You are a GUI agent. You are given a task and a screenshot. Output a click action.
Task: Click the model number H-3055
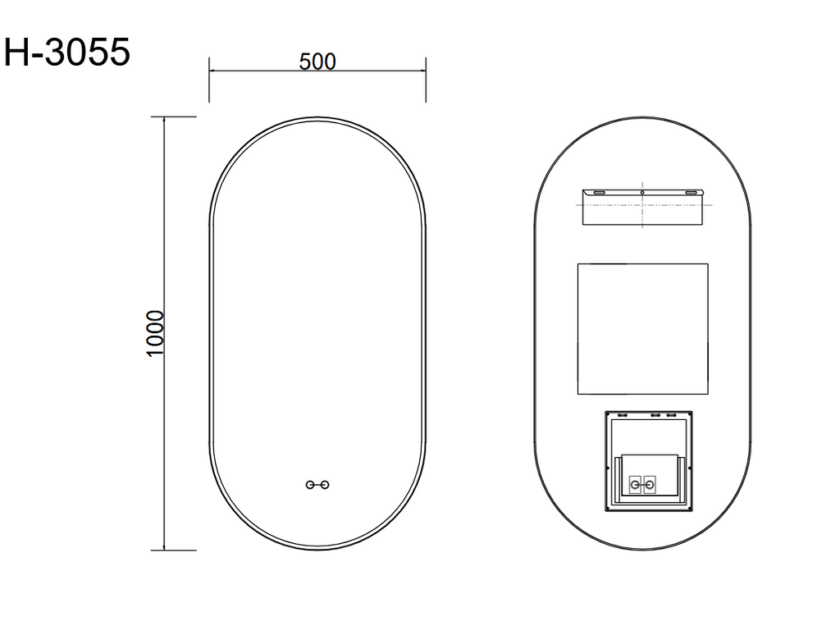[67, 53]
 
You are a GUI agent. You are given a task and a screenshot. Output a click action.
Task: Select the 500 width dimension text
[317, 62]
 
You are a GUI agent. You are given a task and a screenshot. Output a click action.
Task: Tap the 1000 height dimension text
[156, 333]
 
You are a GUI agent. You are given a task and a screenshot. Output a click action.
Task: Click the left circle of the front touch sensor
[310, 485]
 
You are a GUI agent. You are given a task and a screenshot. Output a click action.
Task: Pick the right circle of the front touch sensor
[326, 485]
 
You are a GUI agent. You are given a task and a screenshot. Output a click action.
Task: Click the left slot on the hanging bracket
[600, 192]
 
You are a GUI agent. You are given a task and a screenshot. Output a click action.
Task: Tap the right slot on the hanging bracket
[693, 192]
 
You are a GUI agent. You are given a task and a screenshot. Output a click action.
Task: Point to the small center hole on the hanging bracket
[642, 193]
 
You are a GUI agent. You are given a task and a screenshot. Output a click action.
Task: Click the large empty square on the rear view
[642, 327]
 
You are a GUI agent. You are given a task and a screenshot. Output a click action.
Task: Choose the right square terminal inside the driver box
[651, 484]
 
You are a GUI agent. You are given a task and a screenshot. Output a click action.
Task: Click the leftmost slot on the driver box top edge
[622, 415]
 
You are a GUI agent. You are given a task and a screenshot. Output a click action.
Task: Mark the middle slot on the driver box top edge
[655, 415]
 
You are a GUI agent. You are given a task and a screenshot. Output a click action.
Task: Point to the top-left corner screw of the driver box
[609, 413]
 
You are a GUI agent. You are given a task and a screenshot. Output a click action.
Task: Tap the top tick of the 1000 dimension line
[165, 117]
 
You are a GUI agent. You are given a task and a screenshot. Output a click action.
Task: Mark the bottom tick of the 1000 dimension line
[165, 549]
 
